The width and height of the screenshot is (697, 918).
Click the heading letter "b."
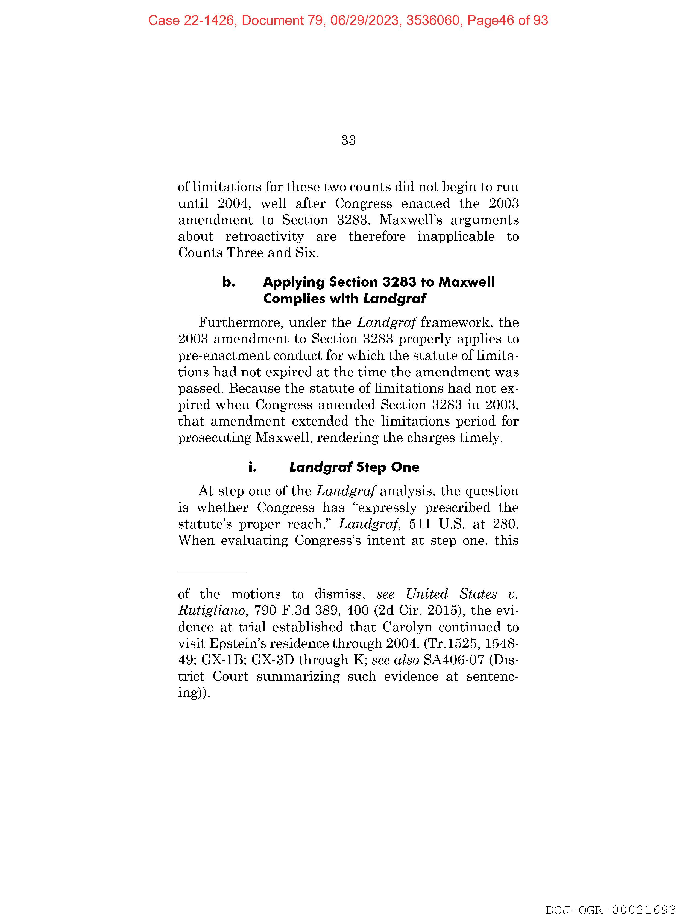pos(229,282)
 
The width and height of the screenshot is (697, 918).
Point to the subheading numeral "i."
pos(252,467)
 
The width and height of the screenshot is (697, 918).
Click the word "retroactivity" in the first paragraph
pos(264,237)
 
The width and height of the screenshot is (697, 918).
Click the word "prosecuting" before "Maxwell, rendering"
pos(214,438)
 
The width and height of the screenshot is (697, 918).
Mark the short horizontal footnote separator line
pos(212,572)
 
